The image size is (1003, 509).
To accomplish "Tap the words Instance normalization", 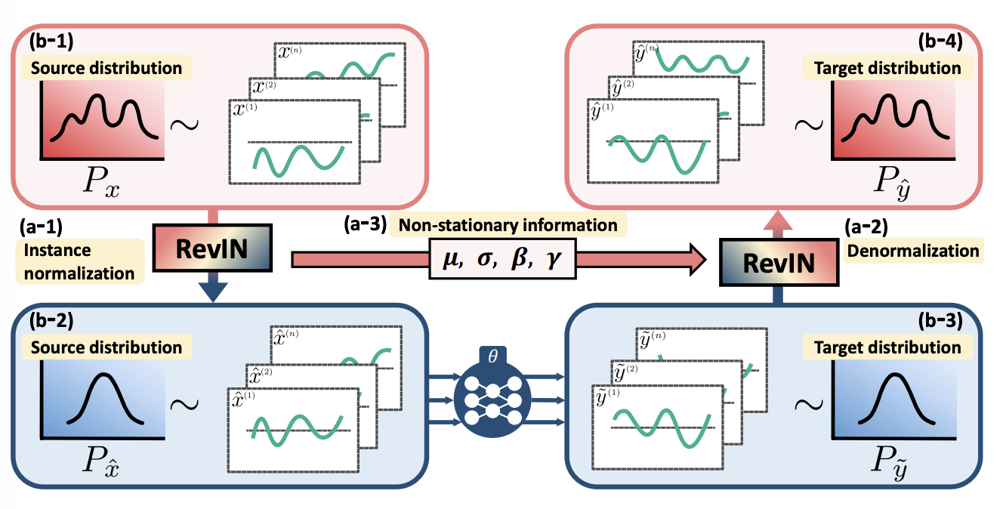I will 79,261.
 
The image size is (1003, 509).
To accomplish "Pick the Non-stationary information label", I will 507,224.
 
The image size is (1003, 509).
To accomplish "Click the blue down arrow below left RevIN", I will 215,291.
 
